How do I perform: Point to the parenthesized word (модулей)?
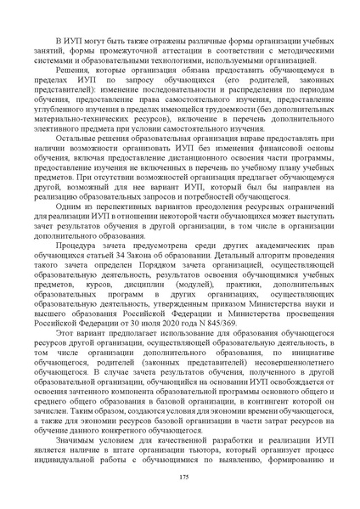[192, 267]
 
